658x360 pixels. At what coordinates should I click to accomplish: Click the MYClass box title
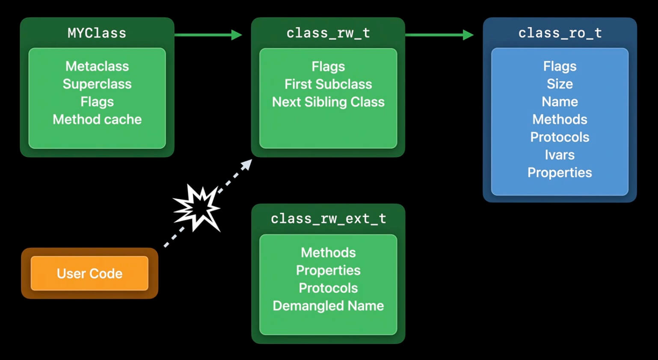(x=97, y=33)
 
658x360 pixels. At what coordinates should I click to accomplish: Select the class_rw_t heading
(x=328, y=33)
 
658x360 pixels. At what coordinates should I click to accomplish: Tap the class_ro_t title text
(x=560, y=33)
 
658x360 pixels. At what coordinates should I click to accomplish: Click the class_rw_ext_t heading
(x=328, y=219)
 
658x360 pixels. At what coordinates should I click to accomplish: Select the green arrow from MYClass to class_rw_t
(x=208, y=35)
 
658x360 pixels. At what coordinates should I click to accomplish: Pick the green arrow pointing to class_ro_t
(x=439, y=35)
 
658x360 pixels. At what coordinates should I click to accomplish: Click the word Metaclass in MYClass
(x=97, y=66)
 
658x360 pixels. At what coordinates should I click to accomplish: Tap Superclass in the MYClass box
(x=97, y=84)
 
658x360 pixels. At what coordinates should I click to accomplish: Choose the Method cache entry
(x=97, y=120)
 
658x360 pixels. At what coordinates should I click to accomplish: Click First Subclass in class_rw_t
(x=328, y=84)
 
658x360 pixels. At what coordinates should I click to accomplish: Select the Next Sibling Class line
(x=328, y=102)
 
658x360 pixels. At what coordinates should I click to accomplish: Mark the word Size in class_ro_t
(x=560, y=84)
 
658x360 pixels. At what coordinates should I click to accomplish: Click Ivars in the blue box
(x=560, y=155)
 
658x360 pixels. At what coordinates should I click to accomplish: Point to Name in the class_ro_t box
(x=560, y=102)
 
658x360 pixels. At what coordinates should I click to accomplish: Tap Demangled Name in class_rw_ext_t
(x=328, y=306)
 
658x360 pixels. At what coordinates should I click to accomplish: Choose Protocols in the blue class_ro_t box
(x=560, y=137)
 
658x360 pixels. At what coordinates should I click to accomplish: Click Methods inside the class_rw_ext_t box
(x=328, y=253)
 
